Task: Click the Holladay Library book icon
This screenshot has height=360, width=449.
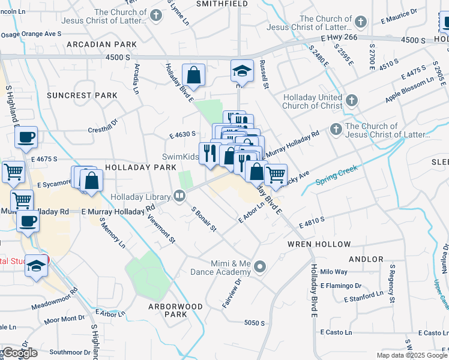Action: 179,196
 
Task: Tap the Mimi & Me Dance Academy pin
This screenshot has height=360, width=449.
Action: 259,266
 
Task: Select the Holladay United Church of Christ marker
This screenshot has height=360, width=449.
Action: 352,100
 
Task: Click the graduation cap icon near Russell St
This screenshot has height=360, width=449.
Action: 242,71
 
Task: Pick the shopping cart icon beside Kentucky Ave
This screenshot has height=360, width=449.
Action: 275,175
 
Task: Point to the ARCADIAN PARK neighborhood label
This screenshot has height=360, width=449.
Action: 93,44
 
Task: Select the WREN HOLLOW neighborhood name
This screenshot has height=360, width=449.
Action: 319,244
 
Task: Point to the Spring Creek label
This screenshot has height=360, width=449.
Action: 337,175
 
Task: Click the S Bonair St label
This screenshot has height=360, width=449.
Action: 203,220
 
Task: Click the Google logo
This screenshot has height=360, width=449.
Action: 19,353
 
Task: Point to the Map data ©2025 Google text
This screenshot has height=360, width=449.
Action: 411,355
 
